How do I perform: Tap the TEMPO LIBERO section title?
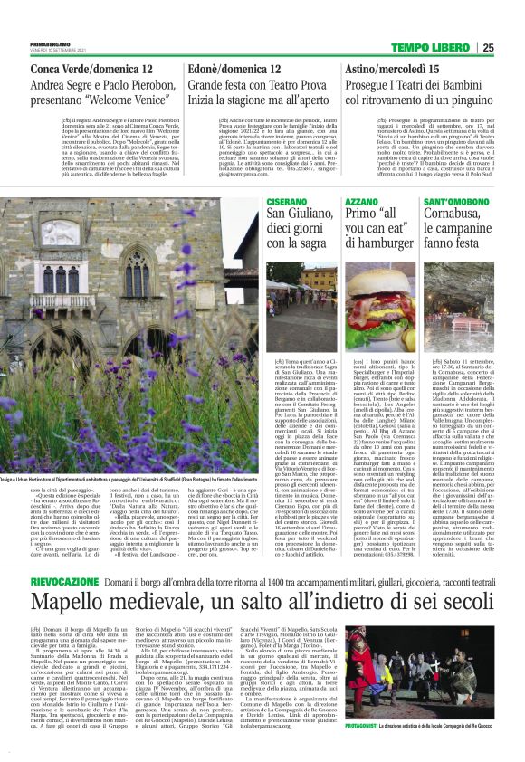pyautogui.click(x=444, y=48)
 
